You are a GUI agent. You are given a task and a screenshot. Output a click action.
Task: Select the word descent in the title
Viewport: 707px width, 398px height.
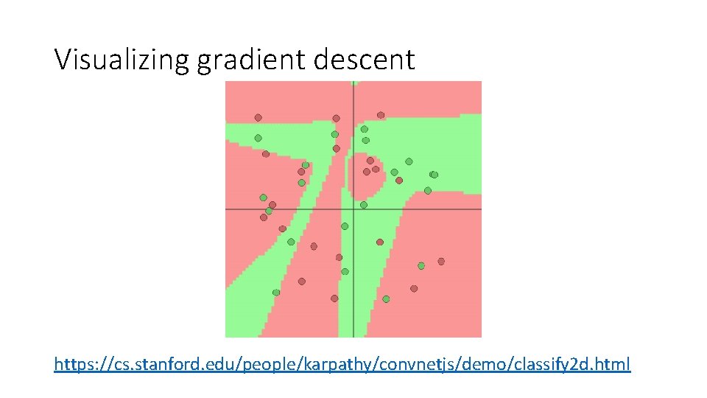click(x=365, y=60)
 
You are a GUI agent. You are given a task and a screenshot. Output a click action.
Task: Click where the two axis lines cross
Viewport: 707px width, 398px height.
click(x=353, y=209)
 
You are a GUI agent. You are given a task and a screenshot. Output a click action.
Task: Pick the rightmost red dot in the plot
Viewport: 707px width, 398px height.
click(x=441, y=261)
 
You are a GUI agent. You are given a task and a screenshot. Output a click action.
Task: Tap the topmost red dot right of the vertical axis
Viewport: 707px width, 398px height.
click(x=381, y=115)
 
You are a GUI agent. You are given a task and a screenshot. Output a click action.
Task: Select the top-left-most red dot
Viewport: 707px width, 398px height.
click(x=258, y=117)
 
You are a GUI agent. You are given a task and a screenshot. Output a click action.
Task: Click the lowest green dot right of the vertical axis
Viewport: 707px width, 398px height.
click(x=386, y=299)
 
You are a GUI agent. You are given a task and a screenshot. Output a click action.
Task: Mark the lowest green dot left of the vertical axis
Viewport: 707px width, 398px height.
click(x=276, y=293)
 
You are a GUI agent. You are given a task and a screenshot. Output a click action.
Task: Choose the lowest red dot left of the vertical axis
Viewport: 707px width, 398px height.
click(x=334, y=298)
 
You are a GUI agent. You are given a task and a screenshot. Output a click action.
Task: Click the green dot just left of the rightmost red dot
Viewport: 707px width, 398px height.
click(x=421, y=265)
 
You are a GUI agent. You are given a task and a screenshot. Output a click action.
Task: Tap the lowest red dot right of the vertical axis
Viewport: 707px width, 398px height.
click(x=414, y=288)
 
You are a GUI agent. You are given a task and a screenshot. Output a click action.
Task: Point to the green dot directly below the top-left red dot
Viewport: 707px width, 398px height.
click(x=258, y=138)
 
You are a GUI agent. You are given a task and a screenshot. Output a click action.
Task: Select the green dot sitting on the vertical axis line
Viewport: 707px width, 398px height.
click(x=345, y=226)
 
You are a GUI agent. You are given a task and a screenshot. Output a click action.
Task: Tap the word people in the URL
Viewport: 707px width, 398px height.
click(x=311, y=364)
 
